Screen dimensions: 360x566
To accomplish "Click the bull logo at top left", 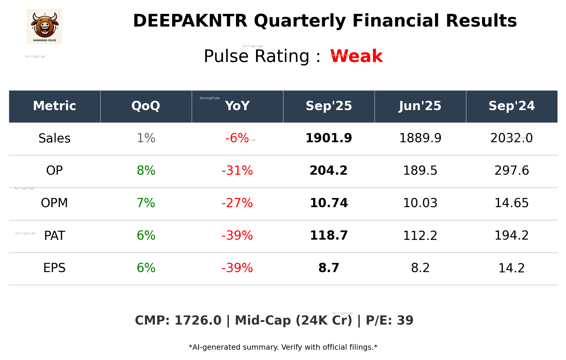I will click(44, 26).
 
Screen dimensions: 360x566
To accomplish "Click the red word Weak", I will click(356, 56).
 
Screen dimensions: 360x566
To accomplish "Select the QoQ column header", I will click(146, 106).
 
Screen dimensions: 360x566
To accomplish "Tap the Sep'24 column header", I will click(511, 106).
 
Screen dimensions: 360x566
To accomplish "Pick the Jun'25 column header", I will click(420, 106).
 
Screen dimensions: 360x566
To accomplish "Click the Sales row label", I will click(55, 138).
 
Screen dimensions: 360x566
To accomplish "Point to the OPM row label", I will click(55, 203).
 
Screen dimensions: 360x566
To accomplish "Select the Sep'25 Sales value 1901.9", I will click(329, 138).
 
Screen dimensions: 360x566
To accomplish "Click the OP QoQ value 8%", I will click(146, 171).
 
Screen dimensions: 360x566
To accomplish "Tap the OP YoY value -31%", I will click(237, 171).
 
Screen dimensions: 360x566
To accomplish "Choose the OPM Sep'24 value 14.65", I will click(511, 203).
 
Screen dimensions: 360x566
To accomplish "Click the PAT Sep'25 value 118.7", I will click(329, 235).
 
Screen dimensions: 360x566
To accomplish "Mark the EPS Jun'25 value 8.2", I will click(420, 268).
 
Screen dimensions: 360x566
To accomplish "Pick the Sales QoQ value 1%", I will click(146, 138).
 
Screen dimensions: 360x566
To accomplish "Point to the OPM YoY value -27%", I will click(237, 203).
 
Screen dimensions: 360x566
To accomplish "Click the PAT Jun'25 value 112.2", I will click(420, 235).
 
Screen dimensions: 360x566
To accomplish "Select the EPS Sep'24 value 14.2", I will click(511, 268).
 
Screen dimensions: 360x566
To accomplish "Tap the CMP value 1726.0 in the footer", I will click(198, 320).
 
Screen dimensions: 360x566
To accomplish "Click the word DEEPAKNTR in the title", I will click(190, 21).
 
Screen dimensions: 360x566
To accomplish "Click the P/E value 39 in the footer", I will click(405, 320).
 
